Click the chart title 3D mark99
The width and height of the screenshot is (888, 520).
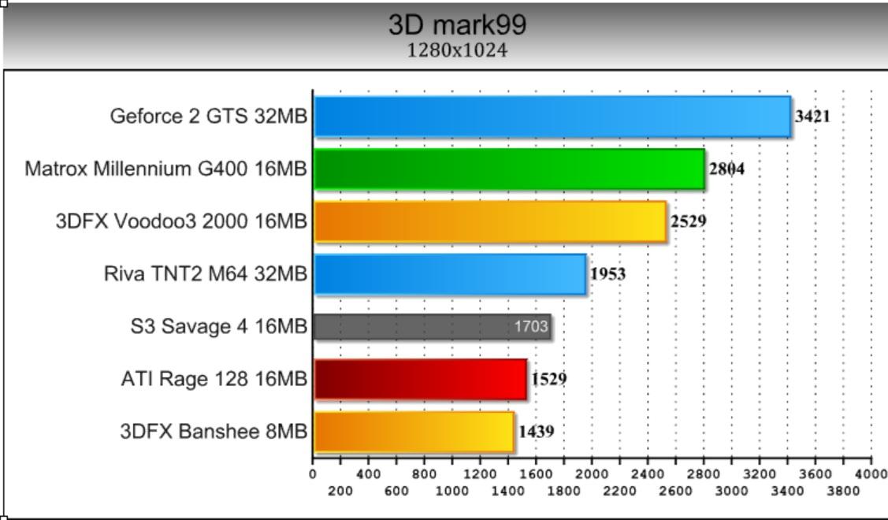point(457,24)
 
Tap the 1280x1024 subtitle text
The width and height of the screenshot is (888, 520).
point(457,50)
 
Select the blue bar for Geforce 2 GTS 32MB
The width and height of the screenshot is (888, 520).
point(552,117)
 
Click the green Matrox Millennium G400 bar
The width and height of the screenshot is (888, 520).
point(509,169)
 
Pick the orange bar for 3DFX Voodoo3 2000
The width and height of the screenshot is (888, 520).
point(489,221)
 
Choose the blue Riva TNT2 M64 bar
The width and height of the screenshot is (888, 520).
point(449,274)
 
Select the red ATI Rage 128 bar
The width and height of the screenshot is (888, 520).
point(420,379)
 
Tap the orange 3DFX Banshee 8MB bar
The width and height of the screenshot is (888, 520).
point(414,432)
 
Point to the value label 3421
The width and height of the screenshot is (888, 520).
point(812,117)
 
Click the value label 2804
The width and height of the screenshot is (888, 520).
point(726,169)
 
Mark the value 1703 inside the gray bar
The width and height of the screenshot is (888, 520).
point(531,326)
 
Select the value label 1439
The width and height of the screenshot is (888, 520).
point(536,432)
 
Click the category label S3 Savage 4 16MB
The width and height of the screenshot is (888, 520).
point(218,326)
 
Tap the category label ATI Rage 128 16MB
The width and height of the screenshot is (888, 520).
point(214,379)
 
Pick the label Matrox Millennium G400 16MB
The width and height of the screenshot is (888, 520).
point(165,169)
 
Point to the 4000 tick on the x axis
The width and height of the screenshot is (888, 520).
point(871,474)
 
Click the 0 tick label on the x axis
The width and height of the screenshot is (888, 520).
point(313,474)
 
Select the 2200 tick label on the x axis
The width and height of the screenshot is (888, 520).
point(619,491)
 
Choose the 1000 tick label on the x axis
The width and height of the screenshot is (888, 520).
point(452,491)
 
